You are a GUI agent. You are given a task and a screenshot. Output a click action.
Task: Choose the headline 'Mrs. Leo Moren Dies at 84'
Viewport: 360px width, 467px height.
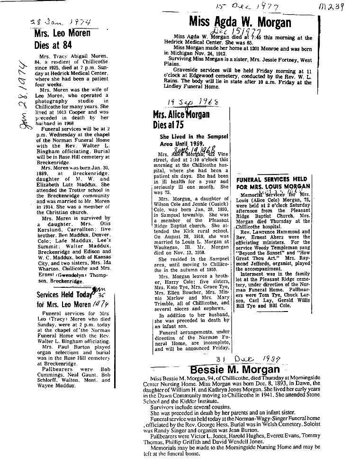62,40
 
